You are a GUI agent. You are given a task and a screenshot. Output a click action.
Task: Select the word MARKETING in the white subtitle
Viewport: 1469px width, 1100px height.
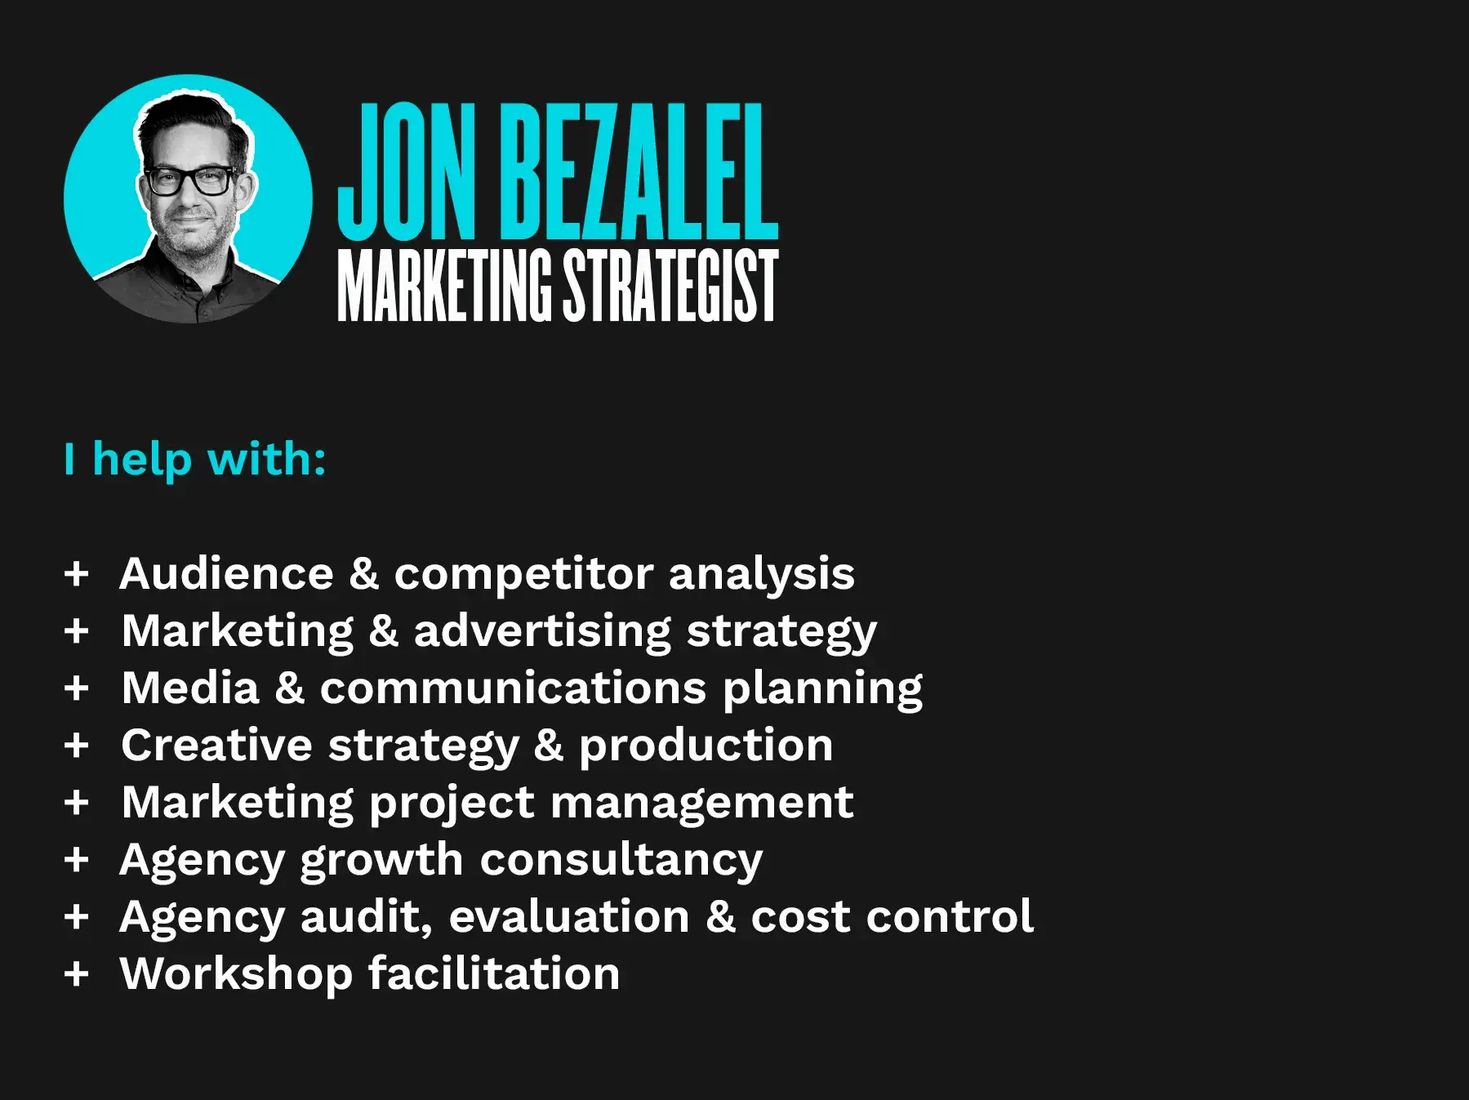tap(444, 285)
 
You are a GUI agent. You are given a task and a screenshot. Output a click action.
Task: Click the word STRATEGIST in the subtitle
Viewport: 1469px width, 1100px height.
tap(670, 285)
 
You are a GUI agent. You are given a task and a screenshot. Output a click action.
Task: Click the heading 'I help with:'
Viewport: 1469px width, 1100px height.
tap(195, 460)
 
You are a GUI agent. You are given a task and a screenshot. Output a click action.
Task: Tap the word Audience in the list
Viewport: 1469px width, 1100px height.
tap(227, 573)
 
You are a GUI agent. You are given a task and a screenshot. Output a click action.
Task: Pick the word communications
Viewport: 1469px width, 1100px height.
tap(513, 688)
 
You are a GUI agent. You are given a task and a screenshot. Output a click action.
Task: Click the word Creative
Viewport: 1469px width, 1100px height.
tap(216, 746)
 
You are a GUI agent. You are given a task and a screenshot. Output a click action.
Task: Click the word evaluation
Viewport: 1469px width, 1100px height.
tap(570, 917)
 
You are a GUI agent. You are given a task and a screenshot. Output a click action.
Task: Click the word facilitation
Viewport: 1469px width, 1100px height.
tap(494, 974)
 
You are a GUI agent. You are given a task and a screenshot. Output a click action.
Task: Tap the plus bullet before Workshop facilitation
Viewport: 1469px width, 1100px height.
tap(76, 974)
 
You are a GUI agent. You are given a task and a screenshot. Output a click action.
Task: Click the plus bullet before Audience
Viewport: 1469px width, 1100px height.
tap(76, 574)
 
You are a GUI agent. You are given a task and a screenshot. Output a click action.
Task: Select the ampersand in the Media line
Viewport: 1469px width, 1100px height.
tap(290, 688)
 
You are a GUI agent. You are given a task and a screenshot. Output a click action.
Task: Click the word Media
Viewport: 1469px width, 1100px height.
tap(190, 688)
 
